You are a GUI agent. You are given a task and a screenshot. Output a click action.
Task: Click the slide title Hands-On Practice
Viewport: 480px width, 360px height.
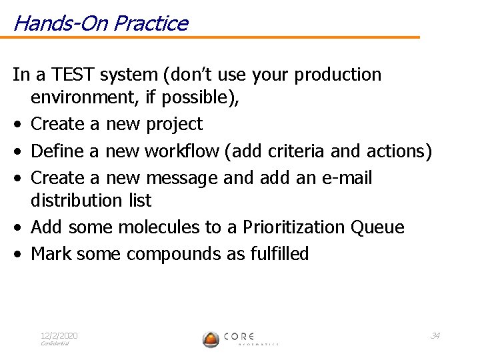pos(100,23)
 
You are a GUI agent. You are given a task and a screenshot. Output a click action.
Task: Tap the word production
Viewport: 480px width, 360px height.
pos(338,75)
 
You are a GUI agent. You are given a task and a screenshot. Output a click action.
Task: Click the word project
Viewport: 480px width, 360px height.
pos(174,124)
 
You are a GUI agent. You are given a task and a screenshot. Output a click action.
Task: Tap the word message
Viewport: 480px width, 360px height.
pos(181,178)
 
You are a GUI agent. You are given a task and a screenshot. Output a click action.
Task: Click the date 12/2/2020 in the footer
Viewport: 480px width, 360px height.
pos(59,335)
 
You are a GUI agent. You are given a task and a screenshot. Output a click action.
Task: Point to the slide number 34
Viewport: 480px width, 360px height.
pos(435,335)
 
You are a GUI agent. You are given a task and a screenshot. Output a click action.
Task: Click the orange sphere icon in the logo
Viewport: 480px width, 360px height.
pos(211,339)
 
